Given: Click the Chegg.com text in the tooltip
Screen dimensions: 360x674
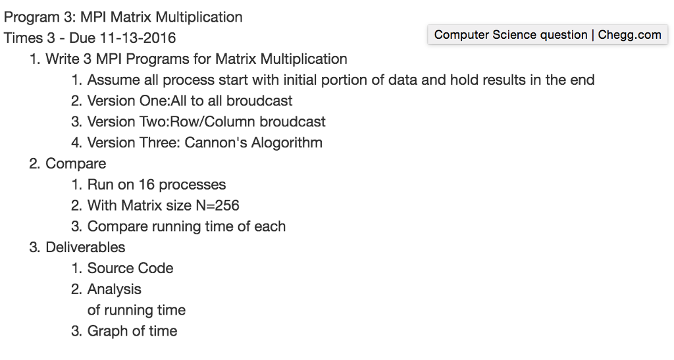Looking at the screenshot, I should (629, 35).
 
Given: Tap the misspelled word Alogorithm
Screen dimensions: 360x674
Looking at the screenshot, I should (286, 142).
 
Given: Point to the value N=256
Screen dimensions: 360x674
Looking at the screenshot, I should (217, 205).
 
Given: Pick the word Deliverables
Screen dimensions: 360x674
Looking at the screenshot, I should (86, 247).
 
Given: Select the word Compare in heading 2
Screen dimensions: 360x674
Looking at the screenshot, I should (76, 163).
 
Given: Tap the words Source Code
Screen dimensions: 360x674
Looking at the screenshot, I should (130, 268).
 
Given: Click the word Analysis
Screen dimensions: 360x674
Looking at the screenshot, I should (115, 289).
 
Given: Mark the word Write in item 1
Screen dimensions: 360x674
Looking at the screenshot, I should (63, 59).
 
